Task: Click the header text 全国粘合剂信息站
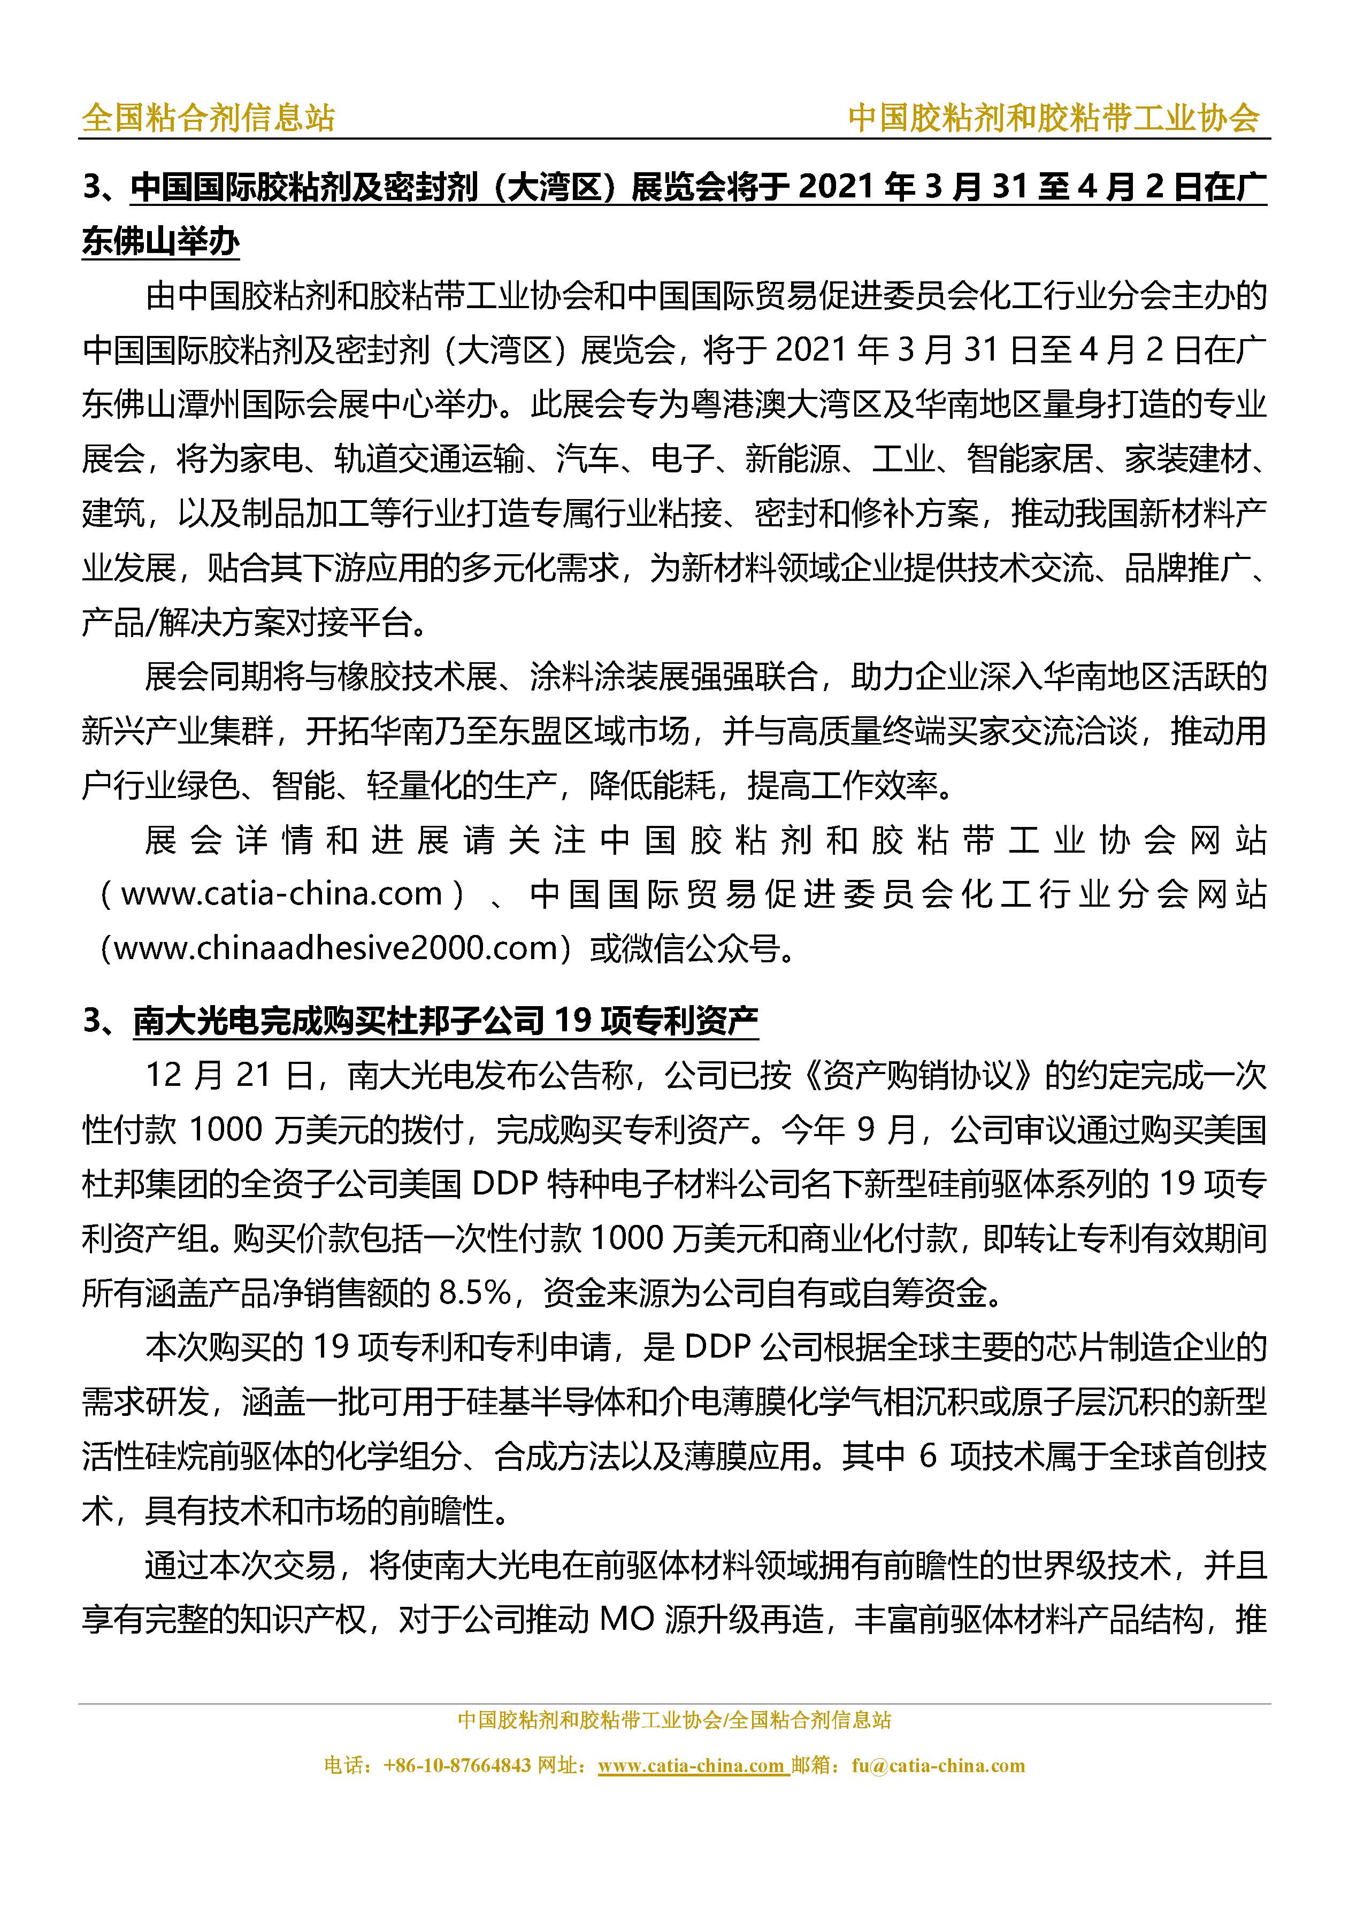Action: click(x=208, y=118)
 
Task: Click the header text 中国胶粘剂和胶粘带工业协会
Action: click(x=1053, y=118)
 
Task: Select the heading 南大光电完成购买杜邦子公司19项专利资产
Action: click(x=446, y=1021)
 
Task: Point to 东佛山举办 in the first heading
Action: click(x=160, y=242)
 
